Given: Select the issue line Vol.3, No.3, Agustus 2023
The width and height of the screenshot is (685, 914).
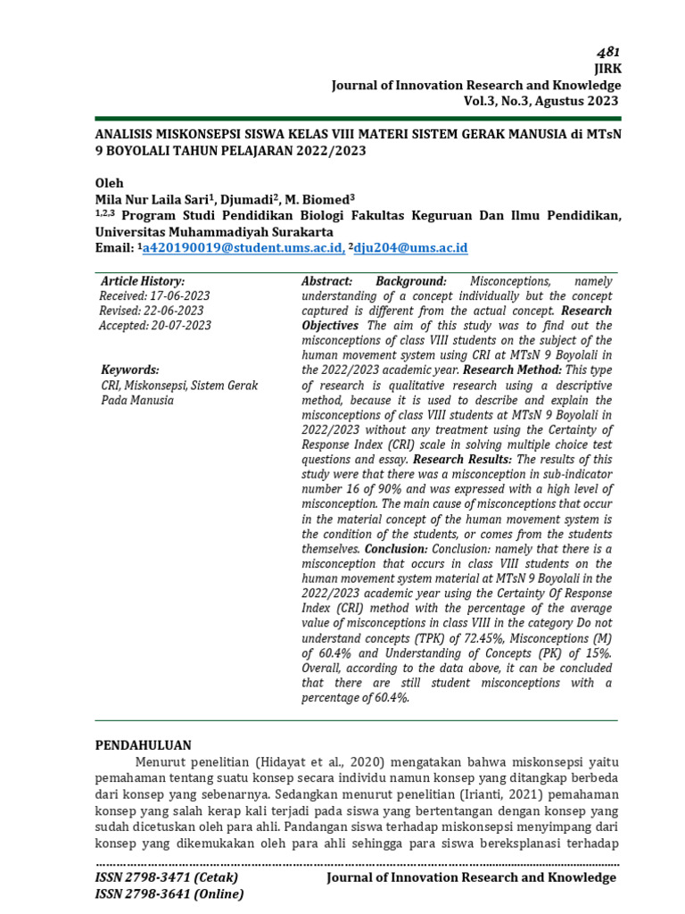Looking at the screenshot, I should coord(541,101).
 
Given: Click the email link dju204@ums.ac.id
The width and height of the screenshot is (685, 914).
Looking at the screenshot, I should coord(411,247).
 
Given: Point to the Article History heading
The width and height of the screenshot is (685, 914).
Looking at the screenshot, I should coord(143,281).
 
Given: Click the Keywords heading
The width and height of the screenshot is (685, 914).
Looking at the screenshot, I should coord(130,370).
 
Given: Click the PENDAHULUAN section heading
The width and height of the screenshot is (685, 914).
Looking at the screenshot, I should coord(143,744).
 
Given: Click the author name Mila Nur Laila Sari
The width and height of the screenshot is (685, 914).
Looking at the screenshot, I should coord(150,199).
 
